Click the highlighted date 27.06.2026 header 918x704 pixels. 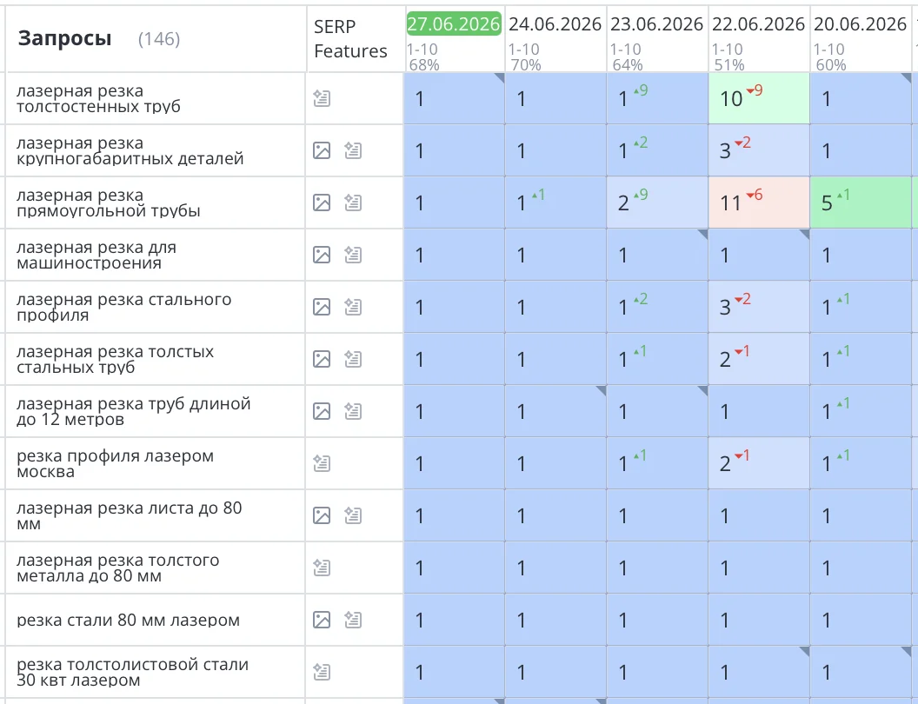pyautogui.click(x=454, y=24)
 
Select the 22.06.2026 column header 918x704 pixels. pyautogui.click(x=758, y=24)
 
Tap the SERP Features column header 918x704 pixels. pyautogui.click(x=350, y=38)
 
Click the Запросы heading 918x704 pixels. pyautogui.click(x=64, y=38)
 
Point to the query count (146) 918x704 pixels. pyautogui.click(x=159, y=39)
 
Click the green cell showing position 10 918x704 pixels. pyautogui.click(x=759, y=98)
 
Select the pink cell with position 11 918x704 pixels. pyautogui.click(x=759, y=203)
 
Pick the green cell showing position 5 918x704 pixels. pyautogui.click(x=861, y=203)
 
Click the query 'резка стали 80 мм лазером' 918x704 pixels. pyautogui.click(x=128, y=621)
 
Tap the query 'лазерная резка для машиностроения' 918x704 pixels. pyautogui.click(x=96, y=256)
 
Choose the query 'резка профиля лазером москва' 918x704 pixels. pyautogui.click(x=116, y=463)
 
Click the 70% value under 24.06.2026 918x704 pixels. pyautogui.click(x=525, y=64)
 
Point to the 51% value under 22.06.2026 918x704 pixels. pyautogui.click(x=728, y=64)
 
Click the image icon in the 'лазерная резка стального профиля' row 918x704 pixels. pyautogui.click(x=322, y=307)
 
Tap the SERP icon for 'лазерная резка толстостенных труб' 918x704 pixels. pyautogui.click(x=322, y=98)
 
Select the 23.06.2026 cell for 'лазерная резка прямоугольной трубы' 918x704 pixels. pyautogui.click(x=657, y=203)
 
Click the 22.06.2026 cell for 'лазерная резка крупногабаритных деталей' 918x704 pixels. pyautogui.click(x=759, y=150)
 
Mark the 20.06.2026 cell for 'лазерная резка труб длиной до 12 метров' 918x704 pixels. pyautogui.click(x=861, y=411)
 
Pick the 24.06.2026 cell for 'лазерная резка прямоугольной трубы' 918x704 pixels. pyautogui.click(x=555, y=203)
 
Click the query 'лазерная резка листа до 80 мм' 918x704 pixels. pyautogui.click(x=130, y=515)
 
